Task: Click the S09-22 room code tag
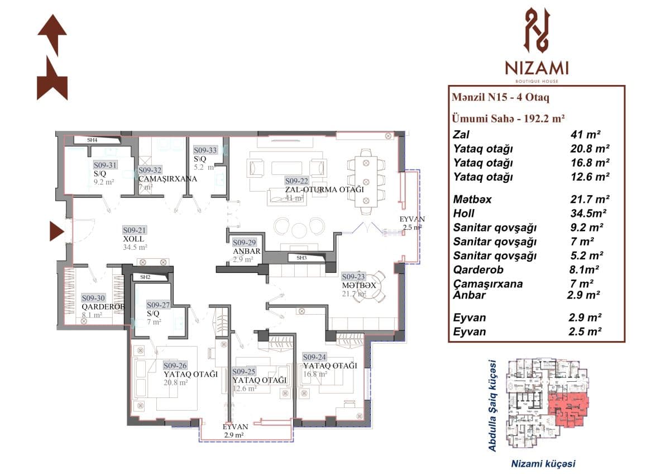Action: pyautogui.click(x=296, y=181)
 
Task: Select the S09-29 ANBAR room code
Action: pyautogui.click(x=245, y=243)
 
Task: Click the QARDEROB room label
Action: pyautogui.click(x=102, y=307)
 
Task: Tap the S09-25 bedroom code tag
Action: pyautogui.click(x=243, y=371)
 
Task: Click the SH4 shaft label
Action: pyautogui.click(x=93, y=140)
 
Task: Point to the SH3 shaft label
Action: pyautogui.click(x=301, y=258)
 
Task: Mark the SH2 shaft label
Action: pyautogui.click(x=145, y=277)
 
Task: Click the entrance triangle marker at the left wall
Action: pyautogui.click(x=57, y=231)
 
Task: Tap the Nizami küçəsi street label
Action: pyautogui.click(x=543, y=463)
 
